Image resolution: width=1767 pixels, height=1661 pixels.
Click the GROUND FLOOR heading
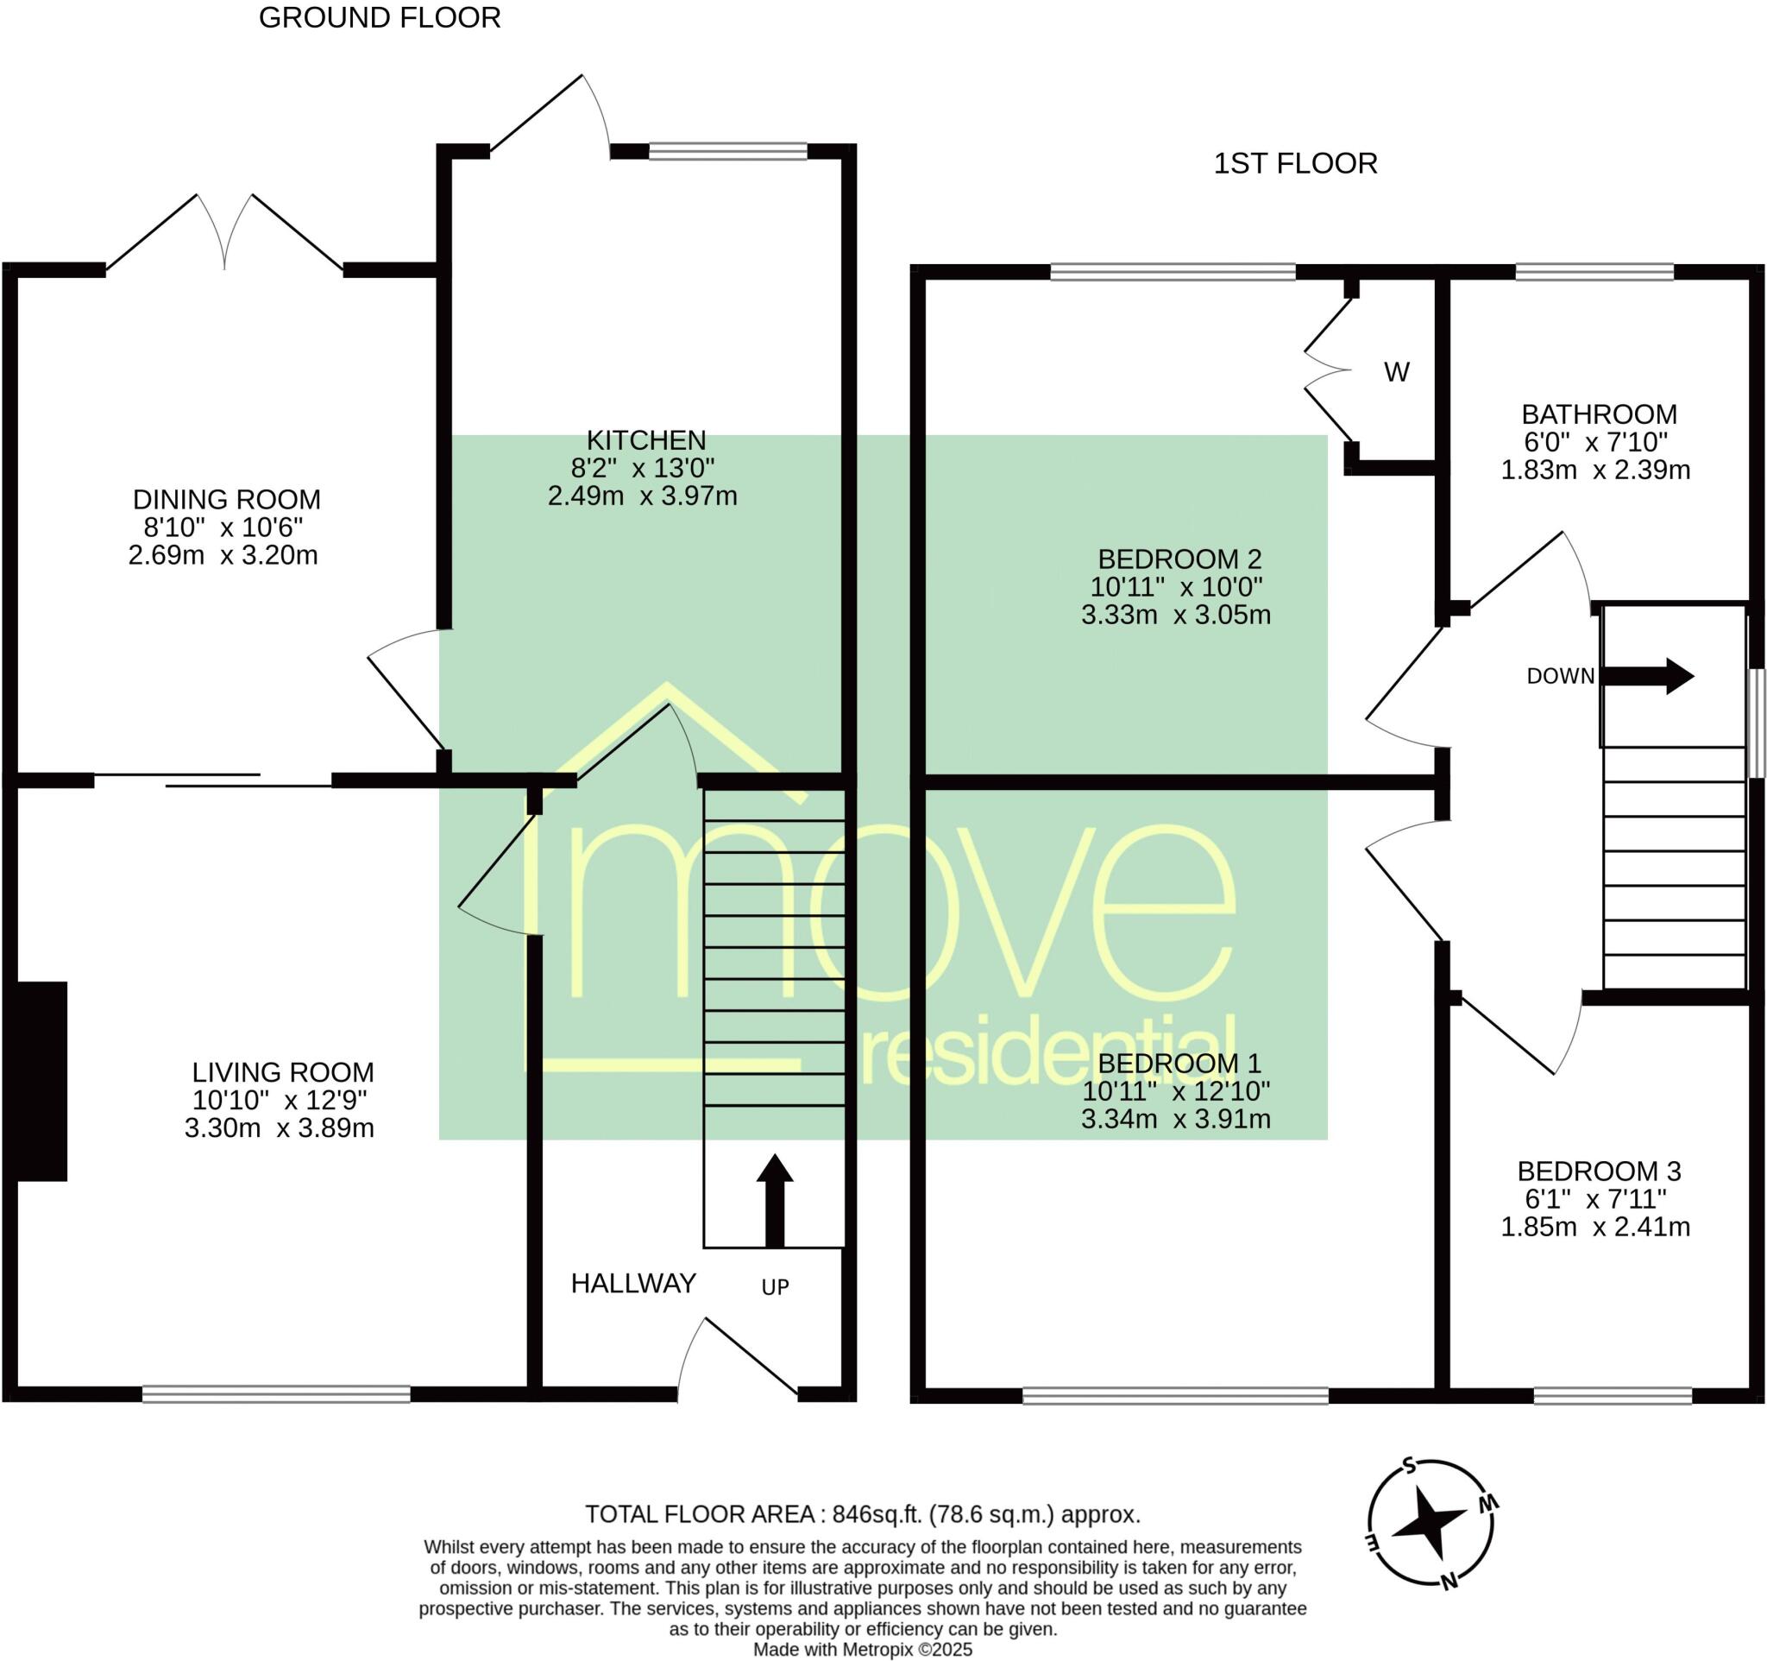tap(380, 18)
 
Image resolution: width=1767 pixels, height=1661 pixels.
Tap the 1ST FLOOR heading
tap(1295, 164)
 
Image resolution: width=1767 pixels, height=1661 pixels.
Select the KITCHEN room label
tap(646, 440)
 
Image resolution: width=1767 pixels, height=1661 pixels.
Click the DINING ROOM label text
tap(227, 500)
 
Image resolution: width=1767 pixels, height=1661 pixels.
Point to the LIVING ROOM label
tap(283, 1072)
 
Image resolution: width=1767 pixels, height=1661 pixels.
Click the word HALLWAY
tap(632, 1283)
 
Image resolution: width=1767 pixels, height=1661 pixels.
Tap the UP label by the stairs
tap(775, 1286)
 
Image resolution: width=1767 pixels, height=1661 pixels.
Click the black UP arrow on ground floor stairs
tap(774, 1200)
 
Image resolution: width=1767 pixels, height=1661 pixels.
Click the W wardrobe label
tap(1396, 373)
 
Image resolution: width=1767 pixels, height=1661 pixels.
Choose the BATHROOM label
tap(1599, 414)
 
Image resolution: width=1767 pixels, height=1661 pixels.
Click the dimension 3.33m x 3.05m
tap(1176, 615)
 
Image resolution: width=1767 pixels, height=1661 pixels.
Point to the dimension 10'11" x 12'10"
tap(1176, 1090)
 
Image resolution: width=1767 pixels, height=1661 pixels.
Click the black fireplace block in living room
tap(41, 1081)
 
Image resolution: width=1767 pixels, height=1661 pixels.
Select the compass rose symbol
tap(1430, 1522)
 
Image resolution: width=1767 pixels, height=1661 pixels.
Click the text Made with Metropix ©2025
tap(862, 1651)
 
